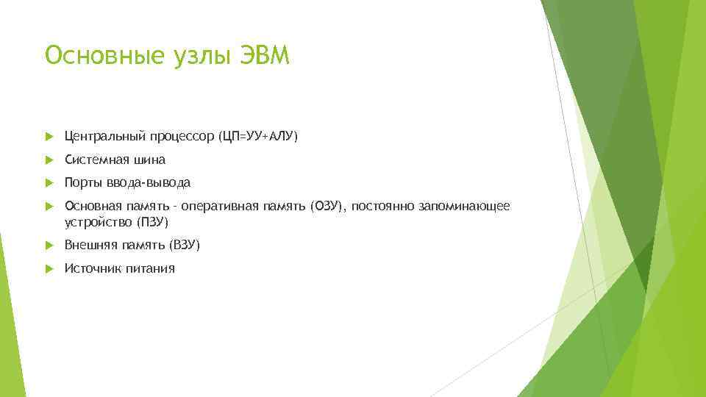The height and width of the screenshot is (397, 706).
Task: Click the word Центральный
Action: point(105,136)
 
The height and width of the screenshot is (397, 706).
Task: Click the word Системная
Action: point(95,160)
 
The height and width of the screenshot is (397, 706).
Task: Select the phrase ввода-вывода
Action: point(149,182)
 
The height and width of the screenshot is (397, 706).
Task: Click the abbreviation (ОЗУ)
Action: point(327,207)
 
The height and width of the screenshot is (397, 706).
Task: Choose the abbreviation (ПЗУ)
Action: point(153,221)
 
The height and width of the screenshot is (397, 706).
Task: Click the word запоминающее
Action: point(463,207)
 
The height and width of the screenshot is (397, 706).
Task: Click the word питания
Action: point(149,268)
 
